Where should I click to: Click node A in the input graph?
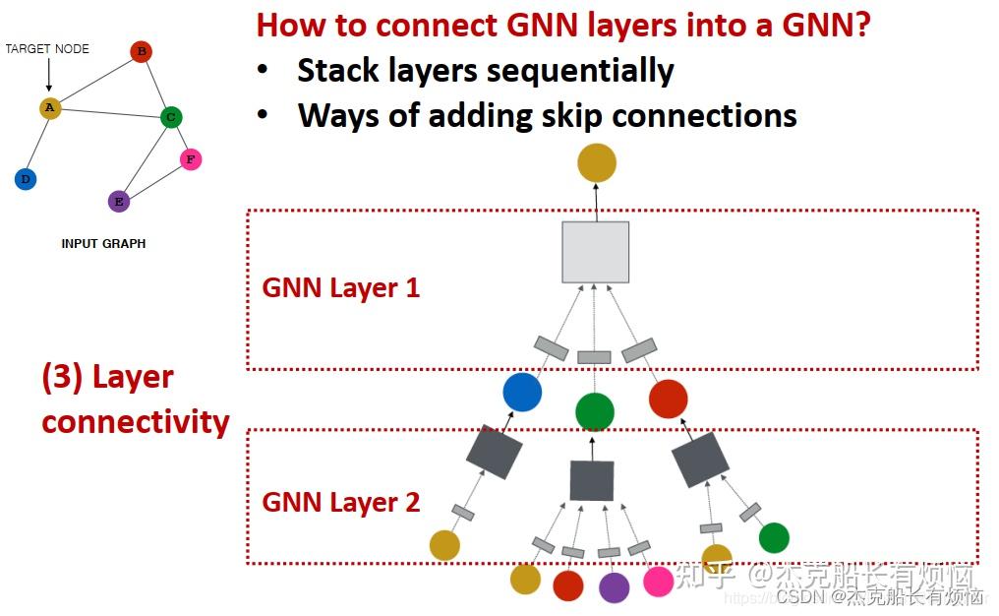(50, 108)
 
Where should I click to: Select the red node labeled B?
(142, 51)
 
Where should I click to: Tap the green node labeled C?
(171, 118)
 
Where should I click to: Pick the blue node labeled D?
(26, 179)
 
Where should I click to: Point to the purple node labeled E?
(119, 202)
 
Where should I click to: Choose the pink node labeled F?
(191, 159)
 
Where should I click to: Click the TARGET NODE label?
(47, 48)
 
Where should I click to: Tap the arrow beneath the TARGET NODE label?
(48, 77)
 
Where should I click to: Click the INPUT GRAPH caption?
(103, 244)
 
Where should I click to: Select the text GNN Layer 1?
(340, 288)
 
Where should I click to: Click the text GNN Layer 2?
(340, 502)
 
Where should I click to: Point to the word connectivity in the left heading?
(136, 421)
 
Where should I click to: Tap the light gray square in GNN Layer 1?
(595, 253)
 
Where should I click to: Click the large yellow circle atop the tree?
(596, 162)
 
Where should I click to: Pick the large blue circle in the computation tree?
(522, 392)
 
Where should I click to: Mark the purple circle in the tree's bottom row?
(614, 587)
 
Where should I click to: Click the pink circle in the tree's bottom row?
(659, 582)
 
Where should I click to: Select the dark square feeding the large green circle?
(592, 480)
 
